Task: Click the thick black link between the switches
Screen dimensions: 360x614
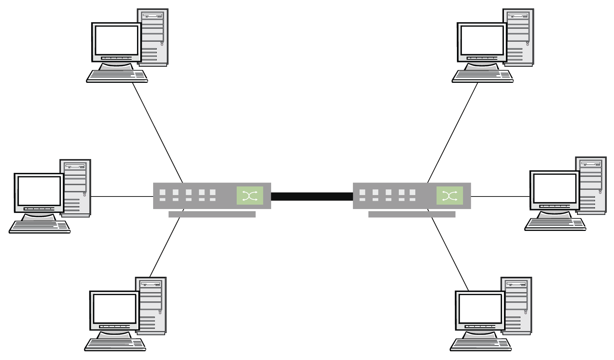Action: click(312, 196)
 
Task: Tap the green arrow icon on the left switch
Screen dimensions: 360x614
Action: click(250, 196)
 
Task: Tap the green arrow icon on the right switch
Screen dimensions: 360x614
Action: click(449, 196)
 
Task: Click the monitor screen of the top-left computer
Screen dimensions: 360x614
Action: click(117, 39)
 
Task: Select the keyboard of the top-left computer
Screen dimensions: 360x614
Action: click(117, 76)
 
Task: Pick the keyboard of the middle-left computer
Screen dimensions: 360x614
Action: click(39, 227)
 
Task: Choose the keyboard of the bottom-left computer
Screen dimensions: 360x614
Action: click(115, 344)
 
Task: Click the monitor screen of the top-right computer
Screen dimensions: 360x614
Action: click(482, 39)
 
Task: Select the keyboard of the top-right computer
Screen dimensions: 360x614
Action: click(482, 76)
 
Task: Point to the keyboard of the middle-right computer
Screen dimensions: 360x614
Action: click(555, 224)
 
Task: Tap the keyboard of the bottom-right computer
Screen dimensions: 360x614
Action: click(481, 344)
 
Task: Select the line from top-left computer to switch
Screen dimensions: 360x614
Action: click(158, 133)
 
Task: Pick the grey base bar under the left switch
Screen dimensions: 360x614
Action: click(212, 214)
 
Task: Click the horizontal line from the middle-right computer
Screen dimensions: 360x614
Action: click(500, 196)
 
